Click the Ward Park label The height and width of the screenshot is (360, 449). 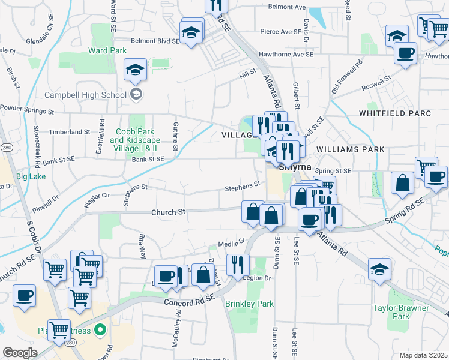[x=107, y=51]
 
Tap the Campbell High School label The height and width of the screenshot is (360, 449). [x=85, y=95]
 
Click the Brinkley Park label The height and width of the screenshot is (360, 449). [x=249, y=304]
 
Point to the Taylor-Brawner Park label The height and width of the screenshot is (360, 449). [x=410, y=311]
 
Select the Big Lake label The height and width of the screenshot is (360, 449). [x=31, y=177]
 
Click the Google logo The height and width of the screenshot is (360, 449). [x=19, y=352]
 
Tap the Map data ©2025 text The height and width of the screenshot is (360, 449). [x=423, y=355]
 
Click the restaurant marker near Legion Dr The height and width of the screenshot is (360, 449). [x=238, y=263]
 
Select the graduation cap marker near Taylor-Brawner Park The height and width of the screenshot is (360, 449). [x=379, y=269]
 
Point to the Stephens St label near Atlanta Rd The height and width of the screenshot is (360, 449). [x=243, y=188]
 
